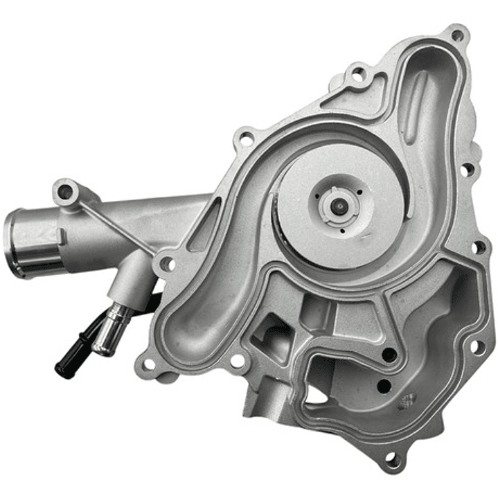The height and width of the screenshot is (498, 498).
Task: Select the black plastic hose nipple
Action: (73, 353)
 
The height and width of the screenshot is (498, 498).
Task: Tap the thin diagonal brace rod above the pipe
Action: (118, 225)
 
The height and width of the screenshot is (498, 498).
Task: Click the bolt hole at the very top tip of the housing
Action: (456, 35)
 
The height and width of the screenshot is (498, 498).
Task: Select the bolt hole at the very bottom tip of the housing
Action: (391, 459)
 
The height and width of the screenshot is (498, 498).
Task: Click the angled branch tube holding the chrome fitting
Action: (132, 284)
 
